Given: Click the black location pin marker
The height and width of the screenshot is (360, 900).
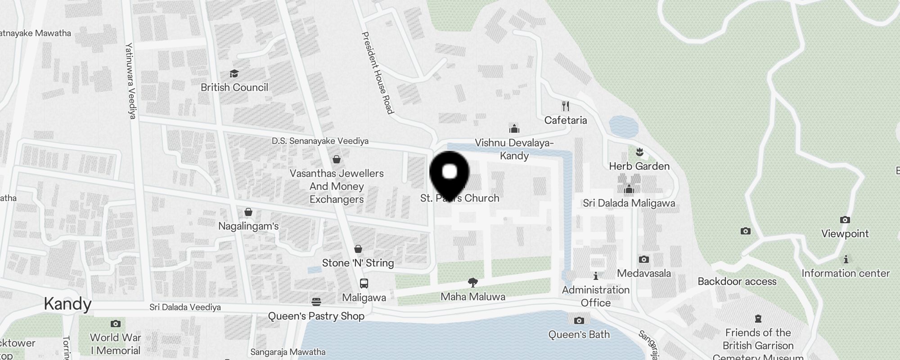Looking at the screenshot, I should (450, 173).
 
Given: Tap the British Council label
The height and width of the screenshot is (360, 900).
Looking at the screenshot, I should (234, 87).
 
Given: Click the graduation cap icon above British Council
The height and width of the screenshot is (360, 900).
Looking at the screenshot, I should (234, 73).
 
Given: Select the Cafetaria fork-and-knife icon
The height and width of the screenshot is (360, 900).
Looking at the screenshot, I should (566, 106).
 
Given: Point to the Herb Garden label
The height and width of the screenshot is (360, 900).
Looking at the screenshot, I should (639, 166).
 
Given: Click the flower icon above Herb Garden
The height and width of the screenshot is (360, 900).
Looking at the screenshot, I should (639, 152).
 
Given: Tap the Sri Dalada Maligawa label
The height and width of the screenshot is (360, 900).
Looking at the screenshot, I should (629, 203).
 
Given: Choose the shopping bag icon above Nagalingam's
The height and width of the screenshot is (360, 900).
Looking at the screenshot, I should (248, 211).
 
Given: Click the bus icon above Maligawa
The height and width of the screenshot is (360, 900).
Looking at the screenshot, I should (364, 283).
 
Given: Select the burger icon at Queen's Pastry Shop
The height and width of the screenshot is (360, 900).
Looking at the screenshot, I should (316, 301).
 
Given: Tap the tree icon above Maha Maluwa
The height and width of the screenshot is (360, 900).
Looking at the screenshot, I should (472, 283).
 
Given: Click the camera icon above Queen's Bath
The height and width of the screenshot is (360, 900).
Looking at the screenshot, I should (579, 320).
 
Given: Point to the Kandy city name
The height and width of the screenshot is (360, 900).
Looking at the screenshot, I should (67, 304).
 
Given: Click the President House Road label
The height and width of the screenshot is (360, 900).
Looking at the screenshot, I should (378, 72).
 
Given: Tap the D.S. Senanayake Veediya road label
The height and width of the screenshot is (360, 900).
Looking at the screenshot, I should (320, 141).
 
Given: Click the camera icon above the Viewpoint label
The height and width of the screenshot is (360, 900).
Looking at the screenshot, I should (845, 220).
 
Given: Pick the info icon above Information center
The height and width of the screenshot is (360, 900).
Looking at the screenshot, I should (846, 259).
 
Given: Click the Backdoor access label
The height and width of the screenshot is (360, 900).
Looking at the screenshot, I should (737, 281).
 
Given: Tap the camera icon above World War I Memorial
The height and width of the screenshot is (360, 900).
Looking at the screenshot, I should (116, 324).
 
